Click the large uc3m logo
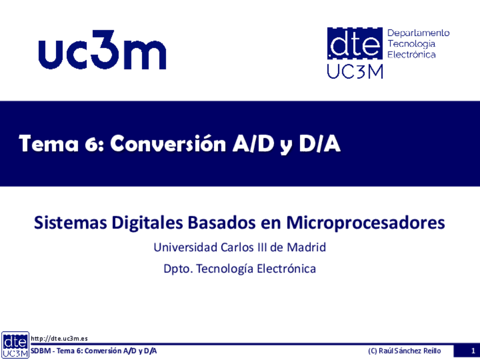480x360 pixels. point(102,50)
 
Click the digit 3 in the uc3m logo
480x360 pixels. point(102,50)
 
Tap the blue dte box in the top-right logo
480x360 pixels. point(355,43)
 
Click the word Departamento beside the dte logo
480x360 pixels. point(418,33)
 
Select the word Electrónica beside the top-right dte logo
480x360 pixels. point(412,54)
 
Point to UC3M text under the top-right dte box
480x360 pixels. point(355,72)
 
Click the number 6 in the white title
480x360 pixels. point(91,144)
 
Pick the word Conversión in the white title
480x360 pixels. point(168,143)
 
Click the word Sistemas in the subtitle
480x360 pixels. point(70,222)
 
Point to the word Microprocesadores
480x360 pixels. point(366,223)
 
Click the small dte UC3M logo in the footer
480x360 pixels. point(15,345)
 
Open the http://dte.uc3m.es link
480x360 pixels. point(59,338)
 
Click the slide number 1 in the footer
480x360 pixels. point(473,351)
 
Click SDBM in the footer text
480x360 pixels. point(41,351)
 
